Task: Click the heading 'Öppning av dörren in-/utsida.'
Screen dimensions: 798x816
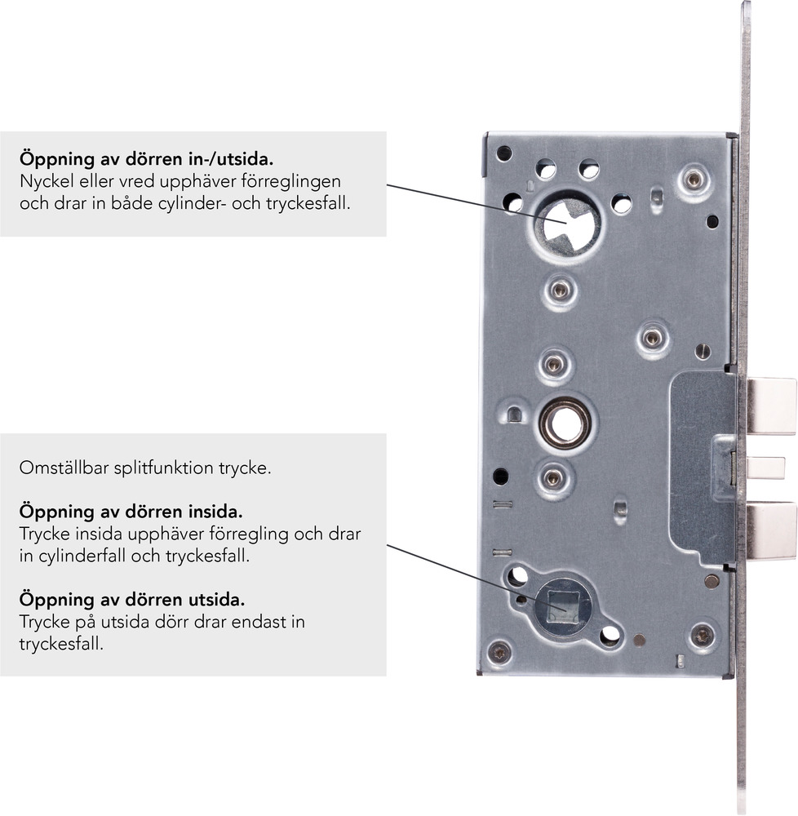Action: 147,159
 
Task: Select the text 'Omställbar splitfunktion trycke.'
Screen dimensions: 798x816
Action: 145,468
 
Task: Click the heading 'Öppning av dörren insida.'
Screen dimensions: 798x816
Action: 131,512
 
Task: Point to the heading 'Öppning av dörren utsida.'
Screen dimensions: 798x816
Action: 132,600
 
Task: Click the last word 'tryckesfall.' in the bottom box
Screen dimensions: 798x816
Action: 61,645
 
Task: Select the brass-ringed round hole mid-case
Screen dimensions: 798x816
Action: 565,423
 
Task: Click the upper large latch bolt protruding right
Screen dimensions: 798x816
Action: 771,406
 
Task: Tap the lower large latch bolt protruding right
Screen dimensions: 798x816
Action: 771,530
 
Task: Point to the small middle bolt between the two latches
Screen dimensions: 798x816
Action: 765,468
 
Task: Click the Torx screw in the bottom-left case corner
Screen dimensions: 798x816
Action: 500,651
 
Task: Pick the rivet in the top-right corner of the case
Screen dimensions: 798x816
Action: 694,180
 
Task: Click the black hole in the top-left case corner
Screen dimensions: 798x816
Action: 504,153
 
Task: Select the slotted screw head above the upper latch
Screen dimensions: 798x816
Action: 703,352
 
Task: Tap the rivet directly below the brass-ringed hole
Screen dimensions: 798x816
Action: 553,477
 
